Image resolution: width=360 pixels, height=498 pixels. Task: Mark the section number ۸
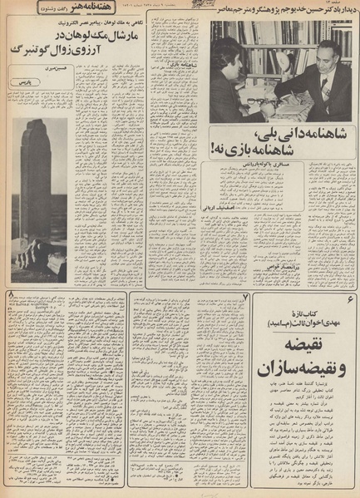pos(10,296)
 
